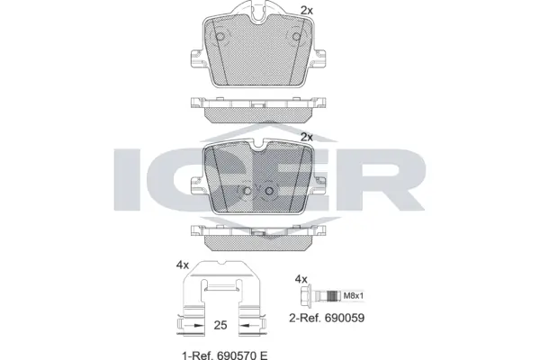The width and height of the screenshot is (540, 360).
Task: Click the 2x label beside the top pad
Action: pyautogui.click(x=306, y=10)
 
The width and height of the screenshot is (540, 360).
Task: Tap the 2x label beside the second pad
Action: pyautogui.click(x=306, y=137)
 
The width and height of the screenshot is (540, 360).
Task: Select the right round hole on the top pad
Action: pyautogui.click(x=292, y=37)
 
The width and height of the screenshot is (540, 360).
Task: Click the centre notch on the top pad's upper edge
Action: pyautogui.click(x=260, y=13)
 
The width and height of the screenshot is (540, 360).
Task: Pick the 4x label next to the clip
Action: pyautogui.click(x=183, y=264)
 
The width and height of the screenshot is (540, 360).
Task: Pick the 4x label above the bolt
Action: pyautogui.click(x=303, y=280)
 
